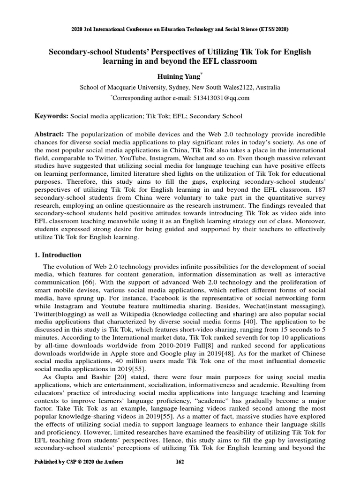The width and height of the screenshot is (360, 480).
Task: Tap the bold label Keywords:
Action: pos(52,116)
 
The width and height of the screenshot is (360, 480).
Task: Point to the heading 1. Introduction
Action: pos(58,255)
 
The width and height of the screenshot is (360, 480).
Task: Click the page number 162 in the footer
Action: pos(180,462)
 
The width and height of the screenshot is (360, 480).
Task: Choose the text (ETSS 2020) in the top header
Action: pos(273,29)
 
